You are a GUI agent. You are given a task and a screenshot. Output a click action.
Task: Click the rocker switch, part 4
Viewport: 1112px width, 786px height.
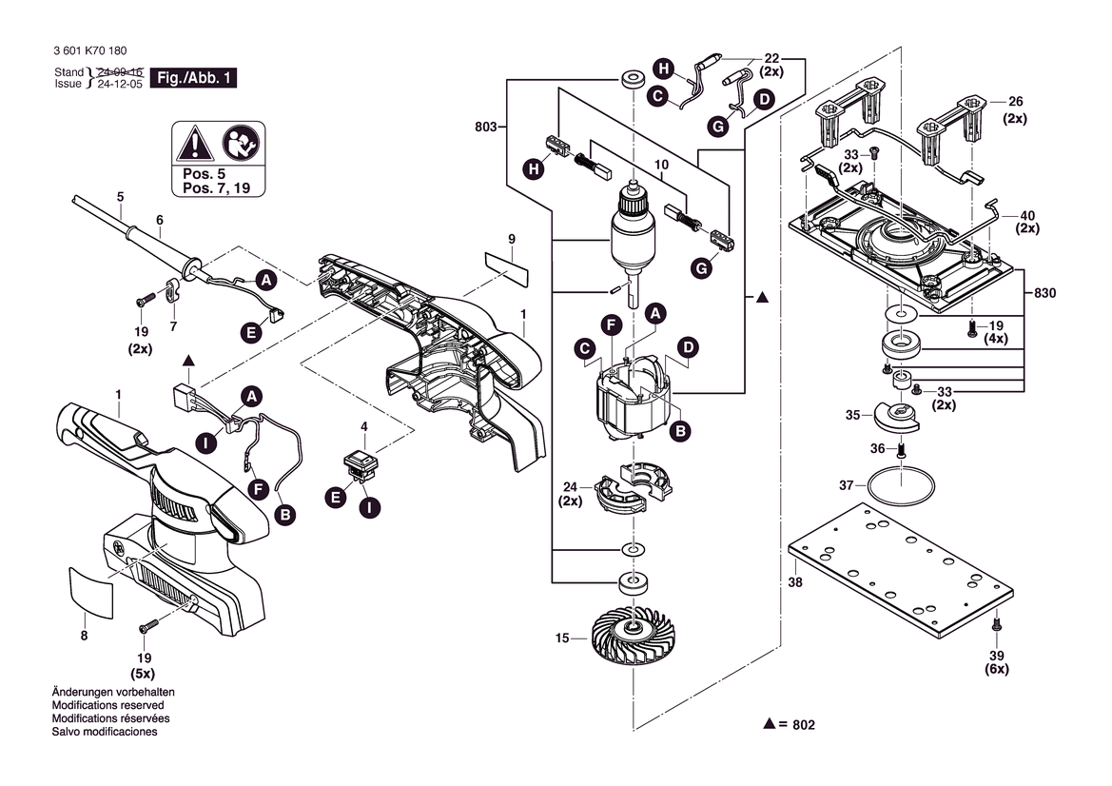pyautogui.click(x=361, y=462)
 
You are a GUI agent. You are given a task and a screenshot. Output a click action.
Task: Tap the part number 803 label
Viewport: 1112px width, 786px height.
pyautogui.click(x=485, y=127)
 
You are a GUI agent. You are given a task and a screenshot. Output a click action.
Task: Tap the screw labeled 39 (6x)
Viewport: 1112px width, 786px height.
pyautogui.click(x=996, y=625)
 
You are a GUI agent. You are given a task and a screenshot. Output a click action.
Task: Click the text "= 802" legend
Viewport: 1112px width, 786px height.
pyautogui.click(x=797, y=725)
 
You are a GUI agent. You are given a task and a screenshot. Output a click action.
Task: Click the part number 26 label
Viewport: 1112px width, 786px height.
pyautogui.click(x=1015, y=101)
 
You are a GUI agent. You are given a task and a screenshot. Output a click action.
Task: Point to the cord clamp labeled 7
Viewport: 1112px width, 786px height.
pyautogui.click(x=173, y=288)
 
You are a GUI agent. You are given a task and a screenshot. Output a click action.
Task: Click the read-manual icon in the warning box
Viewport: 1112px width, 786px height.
pyautogui.click(x=238, y=146)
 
